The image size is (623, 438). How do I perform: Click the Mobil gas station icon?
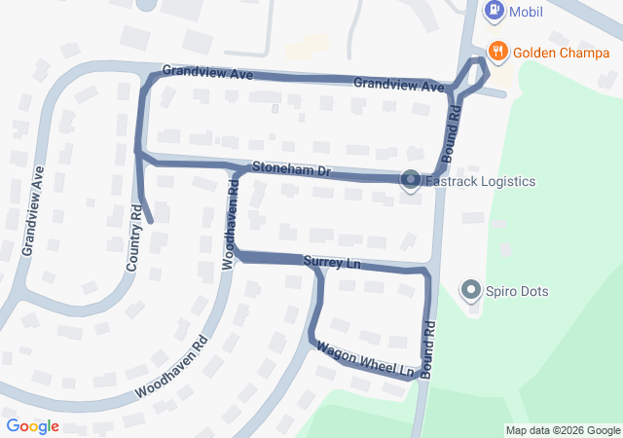tap(495, 11)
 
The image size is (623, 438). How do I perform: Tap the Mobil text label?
tap(526, 12)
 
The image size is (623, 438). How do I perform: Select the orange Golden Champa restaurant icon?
tap(497, 52)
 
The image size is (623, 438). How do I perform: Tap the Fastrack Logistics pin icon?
tap(411, 180)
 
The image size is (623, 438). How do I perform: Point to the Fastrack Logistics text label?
tap(481, 181)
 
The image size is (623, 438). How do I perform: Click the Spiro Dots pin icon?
tap(472, 290)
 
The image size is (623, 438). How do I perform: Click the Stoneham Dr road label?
tap(292, 169)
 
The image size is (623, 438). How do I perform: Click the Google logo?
tap(32, 426)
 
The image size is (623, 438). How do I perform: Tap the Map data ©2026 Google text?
tap(562, 430)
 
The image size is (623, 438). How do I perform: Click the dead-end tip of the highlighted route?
tap(151, 220)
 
